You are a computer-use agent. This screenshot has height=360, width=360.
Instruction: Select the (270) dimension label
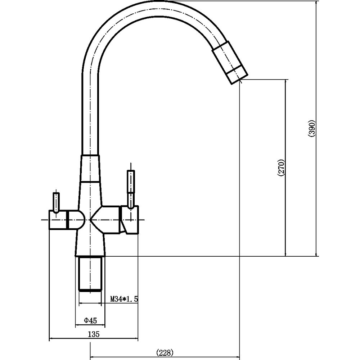[282, 168]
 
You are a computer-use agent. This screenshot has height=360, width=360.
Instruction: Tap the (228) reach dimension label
[165, 352]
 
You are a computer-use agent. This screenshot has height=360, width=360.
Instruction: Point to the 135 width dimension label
[94, 334]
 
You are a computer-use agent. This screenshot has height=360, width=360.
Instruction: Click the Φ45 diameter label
[90, 320]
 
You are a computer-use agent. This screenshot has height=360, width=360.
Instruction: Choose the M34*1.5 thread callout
[124, 299]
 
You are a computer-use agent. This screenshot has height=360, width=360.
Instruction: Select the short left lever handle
[56, 202]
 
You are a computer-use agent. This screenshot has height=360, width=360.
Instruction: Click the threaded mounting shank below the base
[90, 274]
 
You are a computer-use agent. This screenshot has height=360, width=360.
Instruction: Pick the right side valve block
[129, 220]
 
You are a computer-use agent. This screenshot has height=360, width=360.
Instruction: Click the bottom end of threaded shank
[90, 291]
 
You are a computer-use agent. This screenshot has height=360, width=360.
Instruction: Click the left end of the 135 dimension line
[50, 338]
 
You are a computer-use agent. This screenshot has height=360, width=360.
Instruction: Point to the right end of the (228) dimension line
[239, 357]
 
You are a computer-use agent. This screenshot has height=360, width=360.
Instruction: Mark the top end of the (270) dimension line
[285, 80]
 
